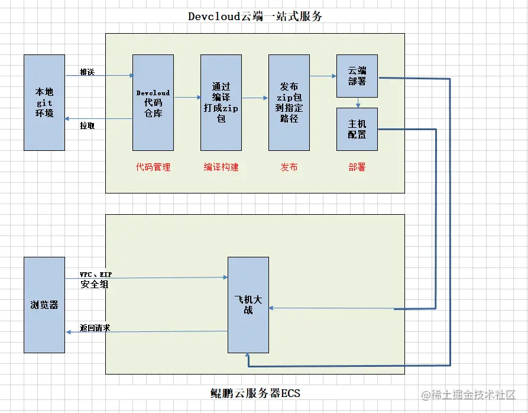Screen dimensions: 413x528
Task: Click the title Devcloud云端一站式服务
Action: tap(255, 17)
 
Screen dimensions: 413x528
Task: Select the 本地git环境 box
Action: tap(44, 102)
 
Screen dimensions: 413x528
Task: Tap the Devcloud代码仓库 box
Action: tap(153, 102)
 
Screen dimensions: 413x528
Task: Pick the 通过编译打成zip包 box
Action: tap(221, 102)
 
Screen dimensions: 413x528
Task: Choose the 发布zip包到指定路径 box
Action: tap(289, 102)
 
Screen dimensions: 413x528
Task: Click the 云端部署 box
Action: tap(357, 76)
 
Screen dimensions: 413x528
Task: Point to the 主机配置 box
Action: tap(357, 129)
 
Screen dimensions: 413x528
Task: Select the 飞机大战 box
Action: tap(248, 305)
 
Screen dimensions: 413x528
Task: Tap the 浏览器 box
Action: tap(44, 305)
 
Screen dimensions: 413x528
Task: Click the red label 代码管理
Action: tap(153, 167)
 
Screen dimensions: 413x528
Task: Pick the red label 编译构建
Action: tap(221, 167)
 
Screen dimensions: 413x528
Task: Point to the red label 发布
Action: tap(289, 167)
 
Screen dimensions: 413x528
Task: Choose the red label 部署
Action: tap(357, 167)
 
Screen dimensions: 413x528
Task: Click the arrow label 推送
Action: tap(88, 72)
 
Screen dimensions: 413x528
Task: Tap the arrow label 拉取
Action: tap(88, 125)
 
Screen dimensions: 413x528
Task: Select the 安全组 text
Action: tap(95, 285)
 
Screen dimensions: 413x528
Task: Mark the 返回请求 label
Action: tap(95, 327)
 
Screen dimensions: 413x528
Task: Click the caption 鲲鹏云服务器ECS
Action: tap(255, 393)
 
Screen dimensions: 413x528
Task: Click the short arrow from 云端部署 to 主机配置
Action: tap(358, 103)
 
